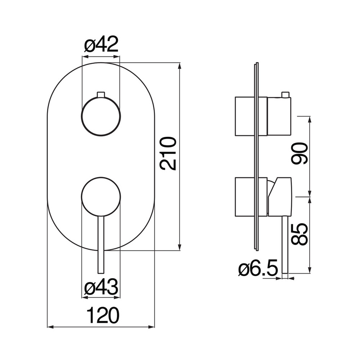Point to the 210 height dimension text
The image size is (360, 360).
(x=168, y=153)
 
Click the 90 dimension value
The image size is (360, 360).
(x=299, y=153)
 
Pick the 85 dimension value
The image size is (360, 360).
(x=299, y=234)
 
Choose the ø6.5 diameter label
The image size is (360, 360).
(x=258, y=268)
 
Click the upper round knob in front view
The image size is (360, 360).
(x=101, y=116)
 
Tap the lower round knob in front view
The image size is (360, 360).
(x=101, y=197)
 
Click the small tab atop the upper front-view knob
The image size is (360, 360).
(x=101, y=94)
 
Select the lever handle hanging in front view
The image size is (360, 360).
(x=101, y=245)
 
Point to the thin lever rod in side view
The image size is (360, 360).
(x=285, y=245)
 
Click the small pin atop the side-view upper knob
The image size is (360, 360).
(x=285, y=94)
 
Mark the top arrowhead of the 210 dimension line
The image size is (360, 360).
(x=180, y=65)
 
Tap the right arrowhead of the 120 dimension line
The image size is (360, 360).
(x=152, y=327)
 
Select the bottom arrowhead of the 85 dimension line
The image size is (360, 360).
(x=310, y=270)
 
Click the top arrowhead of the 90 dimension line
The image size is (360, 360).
(x=310, y=120)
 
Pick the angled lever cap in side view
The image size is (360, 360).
(x=280, y=197)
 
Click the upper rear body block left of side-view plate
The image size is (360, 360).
(x=245, y=116)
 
